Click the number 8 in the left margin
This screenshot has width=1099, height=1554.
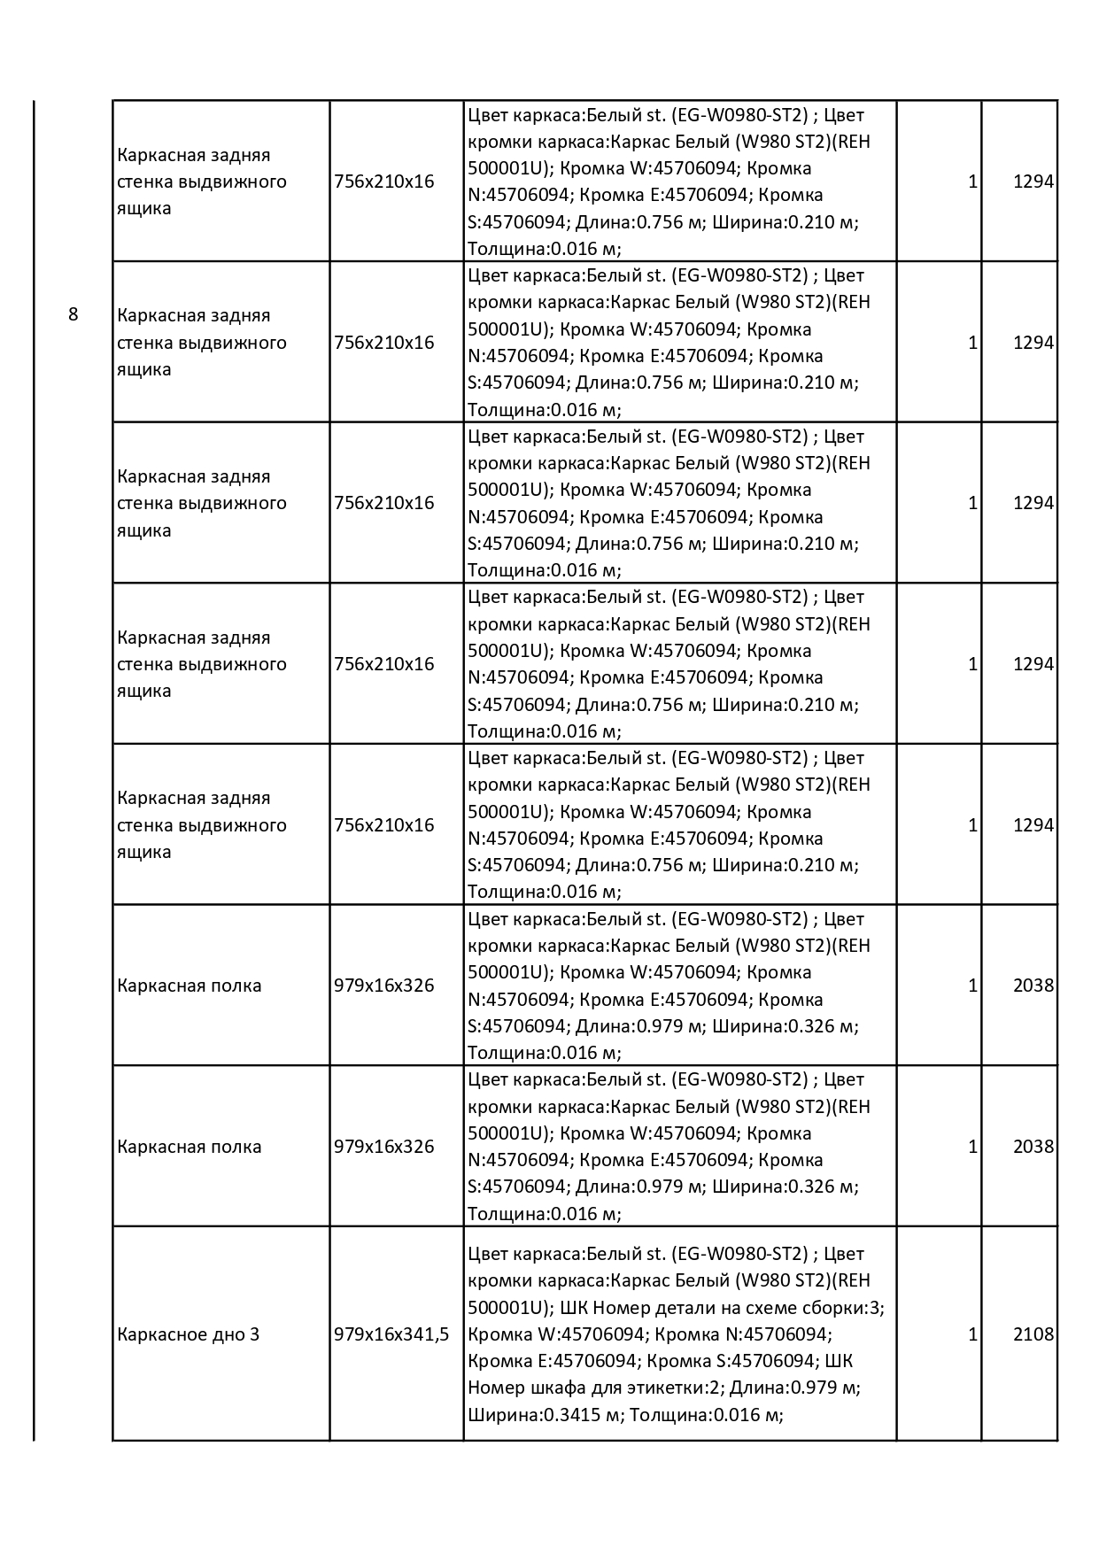[x=73, y=315]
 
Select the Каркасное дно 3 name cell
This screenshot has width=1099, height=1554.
[x=188, y=1334]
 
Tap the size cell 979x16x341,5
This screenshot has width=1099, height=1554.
[x=391, y=1334]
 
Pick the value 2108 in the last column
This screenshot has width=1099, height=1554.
[x=1033, y=1334]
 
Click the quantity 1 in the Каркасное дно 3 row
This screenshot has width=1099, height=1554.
[x=972, y=1334]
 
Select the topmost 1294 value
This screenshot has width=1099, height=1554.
[x=1033, y=182]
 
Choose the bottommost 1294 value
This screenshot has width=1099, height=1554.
[x=1033, y=825]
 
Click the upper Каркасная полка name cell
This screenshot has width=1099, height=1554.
[x=189, y=986]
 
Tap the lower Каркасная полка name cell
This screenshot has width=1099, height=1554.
[x=189, y=1147]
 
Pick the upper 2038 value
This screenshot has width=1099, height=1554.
[x=1033, y=986]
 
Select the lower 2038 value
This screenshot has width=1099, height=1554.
[x=1033, y=1147]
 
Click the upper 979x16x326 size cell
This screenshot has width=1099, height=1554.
[x=384, y=986]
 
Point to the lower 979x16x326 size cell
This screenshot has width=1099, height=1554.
[x=384, y=1147]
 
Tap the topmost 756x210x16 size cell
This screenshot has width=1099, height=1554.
[x=384, y=182]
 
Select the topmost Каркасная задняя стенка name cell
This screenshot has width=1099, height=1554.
[x=202, y=182]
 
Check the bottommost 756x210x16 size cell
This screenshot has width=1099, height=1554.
[x=384, y=825]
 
